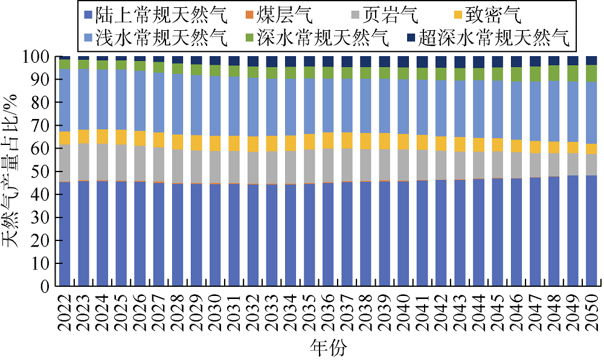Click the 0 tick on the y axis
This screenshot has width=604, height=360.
tap(48, 287)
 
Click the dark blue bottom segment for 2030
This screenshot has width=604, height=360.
tap(216, 236)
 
